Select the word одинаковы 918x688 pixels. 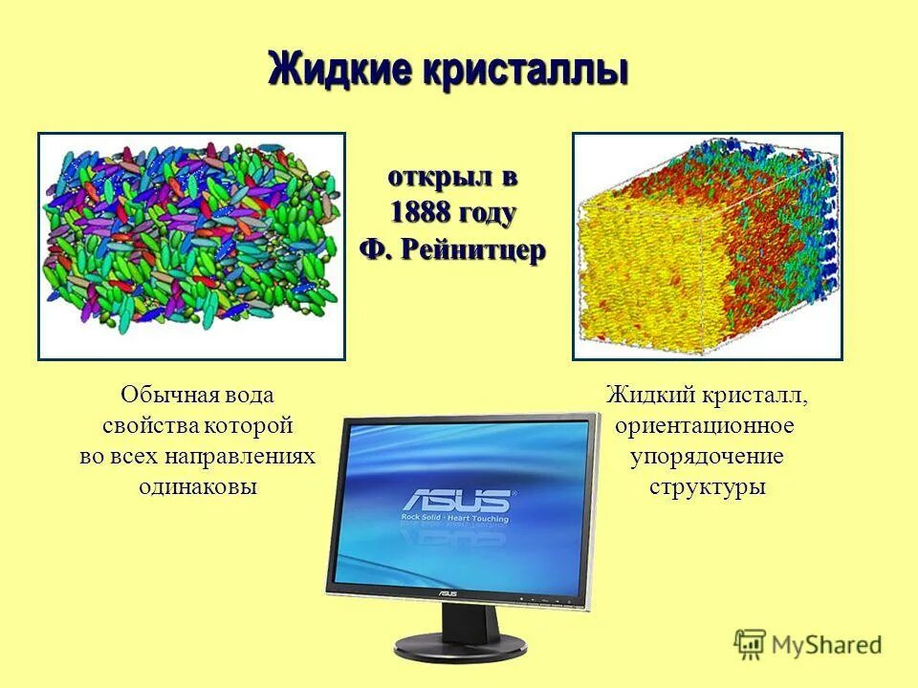pos(198,486)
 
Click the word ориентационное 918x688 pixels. pos(705,424)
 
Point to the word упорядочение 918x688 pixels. pos(707,456)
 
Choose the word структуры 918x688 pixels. pos(708,486)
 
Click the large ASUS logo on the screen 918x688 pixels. pos(456,501)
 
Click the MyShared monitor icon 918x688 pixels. pos(751,644)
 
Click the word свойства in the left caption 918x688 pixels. pos(149,425)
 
